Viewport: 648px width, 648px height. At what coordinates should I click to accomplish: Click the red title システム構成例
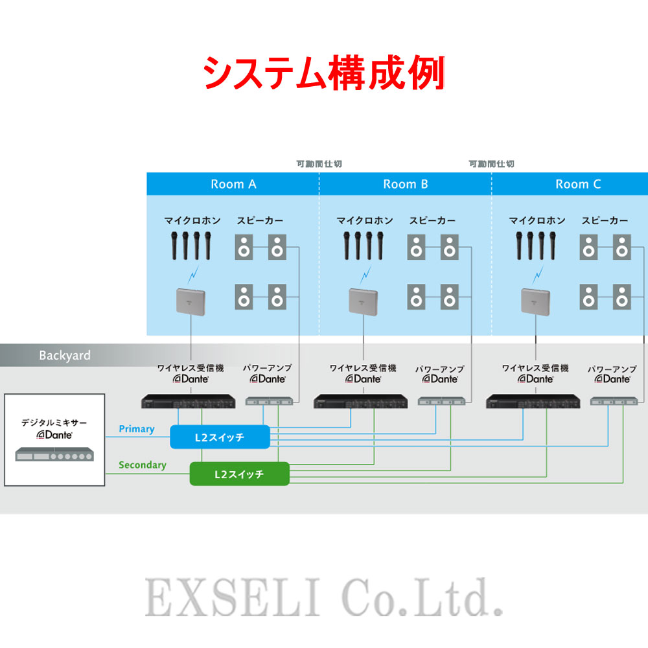point(324,73)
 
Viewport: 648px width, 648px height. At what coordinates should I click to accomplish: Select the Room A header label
point(233,184)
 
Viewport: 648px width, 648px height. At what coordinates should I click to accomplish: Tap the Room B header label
point(406,184)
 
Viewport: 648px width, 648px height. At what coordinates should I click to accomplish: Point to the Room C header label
point(578,184)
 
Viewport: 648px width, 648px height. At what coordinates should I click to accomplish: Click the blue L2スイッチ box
point(220,437)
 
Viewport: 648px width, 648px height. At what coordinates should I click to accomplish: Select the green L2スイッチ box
point(239,474)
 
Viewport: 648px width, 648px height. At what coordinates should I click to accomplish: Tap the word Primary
point(137,429)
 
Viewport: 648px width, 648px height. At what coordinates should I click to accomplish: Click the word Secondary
point(143,465)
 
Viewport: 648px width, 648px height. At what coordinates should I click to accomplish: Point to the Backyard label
point(65,355)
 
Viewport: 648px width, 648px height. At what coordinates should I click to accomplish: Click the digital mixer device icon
point(54,454)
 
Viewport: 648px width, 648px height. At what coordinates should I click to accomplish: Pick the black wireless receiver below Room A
point(188,402)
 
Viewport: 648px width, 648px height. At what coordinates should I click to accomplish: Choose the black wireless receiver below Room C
point(533,402)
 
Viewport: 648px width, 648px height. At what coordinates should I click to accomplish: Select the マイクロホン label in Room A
point(192,221)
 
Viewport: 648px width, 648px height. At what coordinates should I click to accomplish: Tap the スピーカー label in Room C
point(605,221)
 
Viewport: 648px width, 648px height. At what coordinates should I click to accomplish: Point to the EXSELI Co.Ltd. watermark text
point(324,597)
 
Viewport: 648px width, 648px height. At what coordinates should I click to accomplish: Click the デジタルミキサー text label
point(54,422)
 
